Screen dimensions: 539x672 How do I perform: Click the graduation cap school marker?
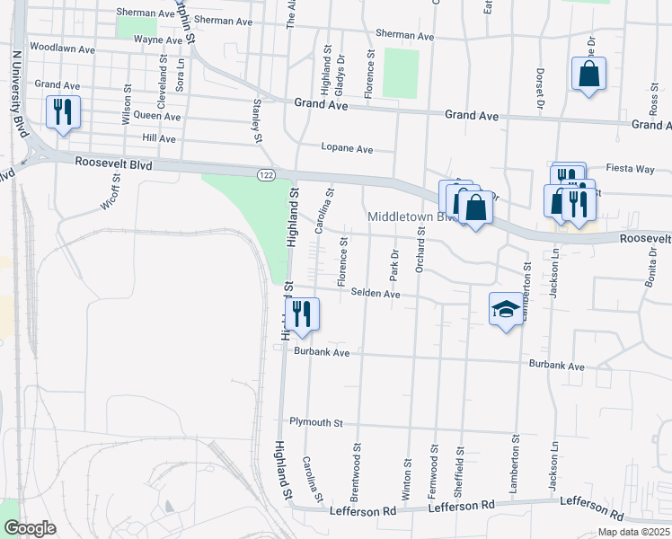[506, 310]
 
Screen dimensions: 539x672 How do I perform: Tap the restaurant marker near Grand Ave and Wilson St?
[63, 112]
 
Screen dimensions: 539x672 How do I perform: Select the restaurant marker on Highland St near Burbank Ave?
[301, 314]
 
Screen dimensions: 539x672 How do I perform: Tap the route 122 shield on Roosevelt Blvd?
[264, 173]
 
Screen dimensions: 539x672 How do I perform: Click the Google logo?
[31, 528]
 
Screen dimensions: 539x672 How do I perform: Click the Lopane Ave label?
[347, 148]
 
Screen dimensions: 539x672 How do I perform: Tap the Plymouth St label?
[316, 422]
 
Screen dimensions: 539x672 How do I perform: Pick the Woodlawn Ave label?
[62, 47]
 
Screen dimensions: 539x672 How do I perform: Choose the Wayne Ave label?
[158, 40]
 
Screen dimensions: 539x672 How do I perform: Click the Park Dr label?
[393, 265]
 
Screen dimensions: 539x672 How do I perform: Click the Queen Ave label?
[156, 116]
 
